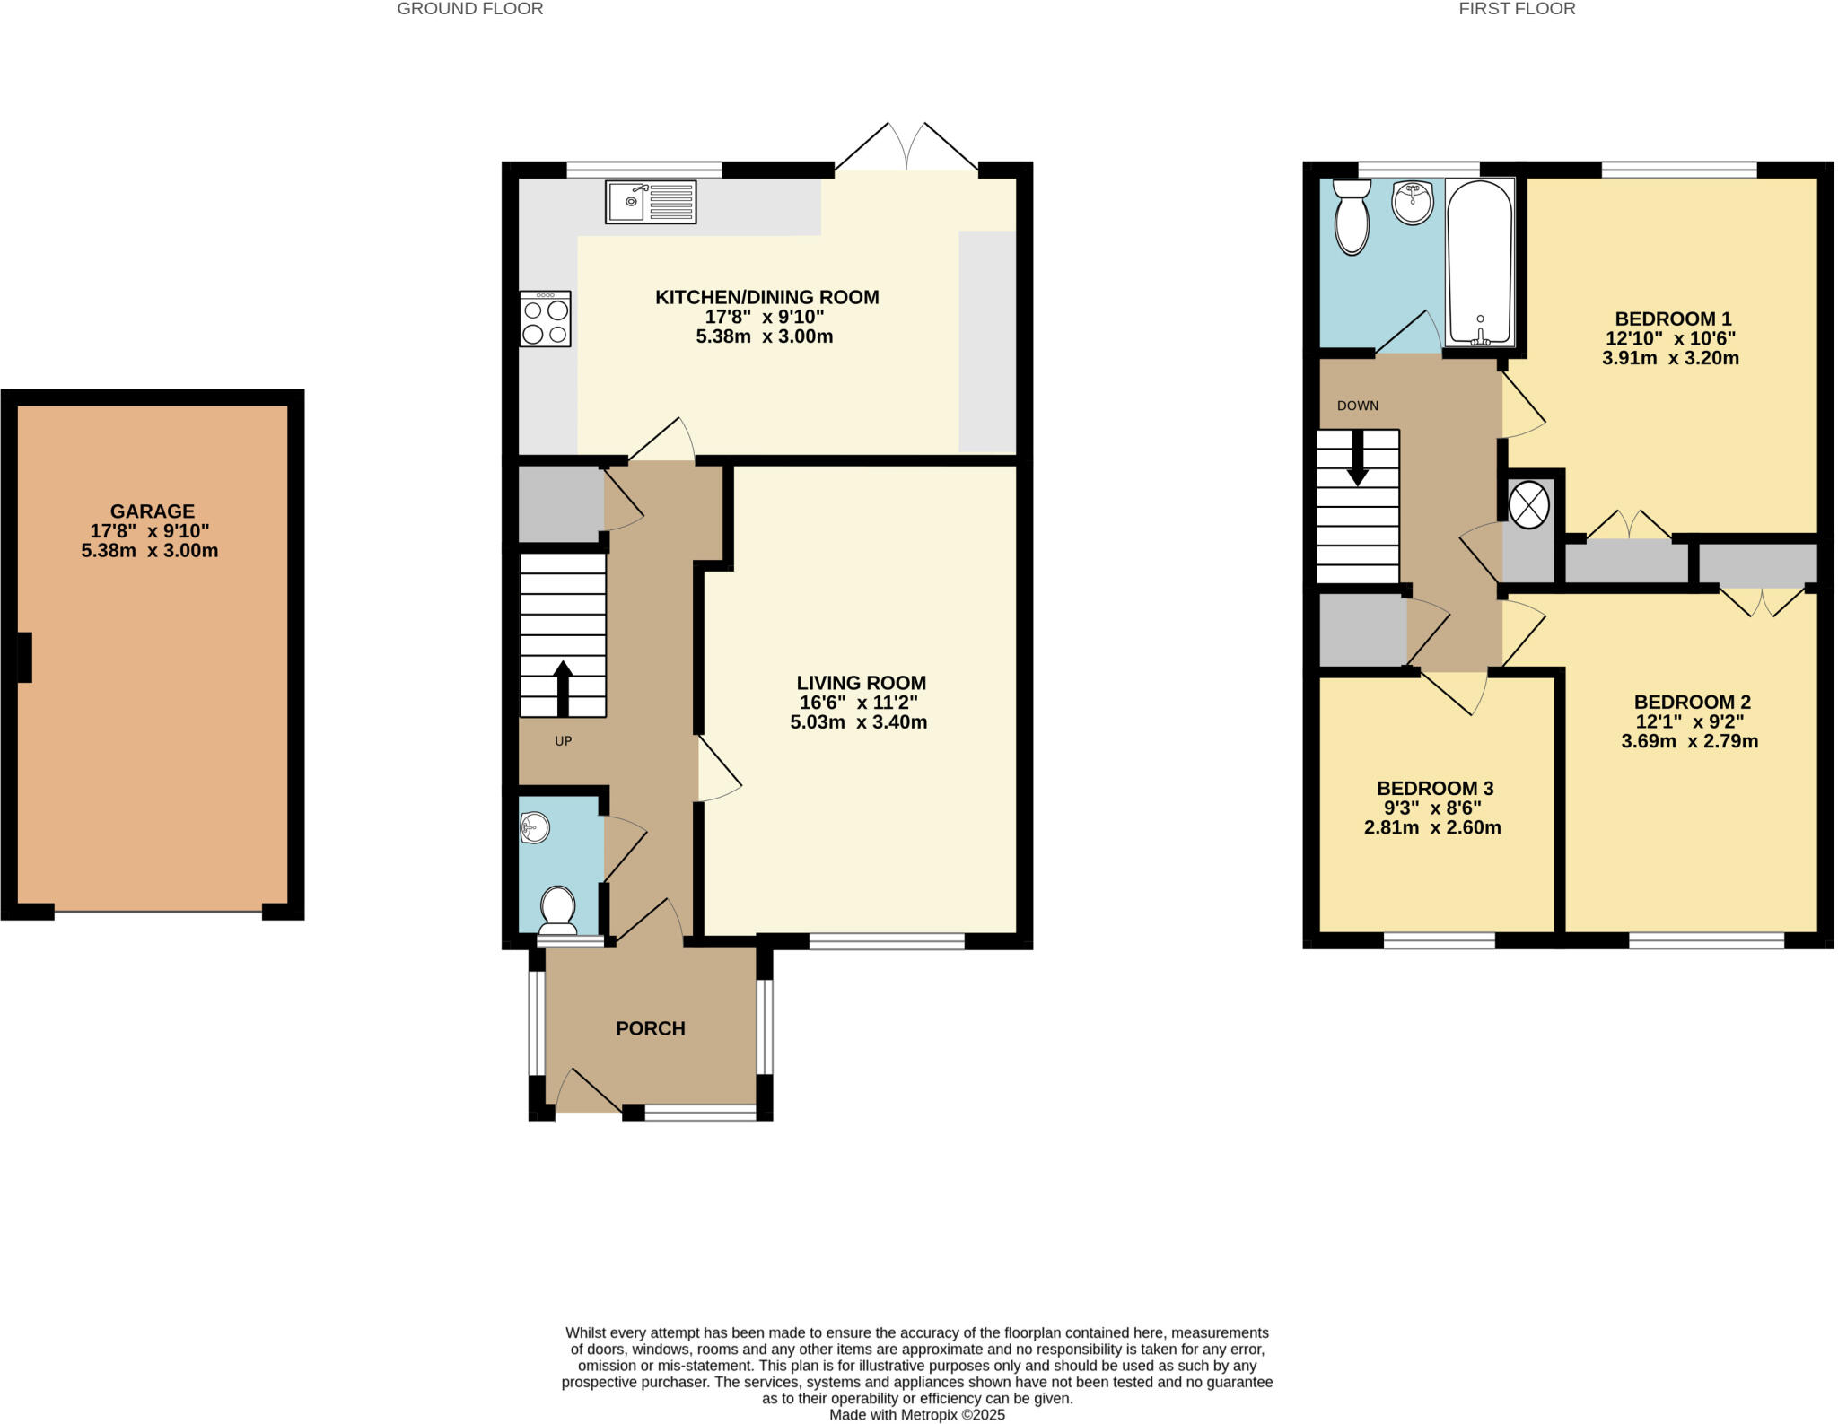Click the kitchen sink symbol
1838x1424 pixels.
[650, 202]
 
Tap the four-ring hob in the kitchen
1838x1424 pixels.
[545, 319]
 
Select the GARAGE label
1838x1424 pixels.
[152, 511]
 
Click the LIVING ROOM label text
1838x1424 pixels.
[861, 683]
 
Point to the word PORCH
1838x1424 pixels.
[650, 1028]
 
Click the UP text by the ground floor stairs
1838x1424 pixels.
[563, 741]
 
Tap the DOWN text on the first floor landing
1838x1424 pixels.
[1357, 406]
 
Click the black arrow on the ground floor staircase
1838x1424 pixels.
[563, 687]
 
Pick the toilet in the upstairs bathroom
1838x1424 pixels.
[1352, 215]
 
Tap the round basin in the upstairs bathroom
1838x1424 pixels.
[1413, 203]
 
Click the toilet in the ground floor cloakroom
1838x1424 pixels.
[557, 910]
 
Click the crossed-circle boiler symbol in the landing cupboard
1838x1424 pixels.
[1529, 504]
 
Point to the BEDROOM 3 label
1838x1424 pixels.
[1434, 788]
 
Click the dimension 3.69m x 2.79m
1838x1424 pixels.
[1689, 741]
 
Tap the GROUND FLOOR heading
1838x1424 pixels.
[469, 9]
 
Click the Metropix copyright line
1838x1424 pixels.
[916, 1415]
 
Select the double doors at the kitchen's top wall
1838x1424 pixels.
[907, 149]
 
